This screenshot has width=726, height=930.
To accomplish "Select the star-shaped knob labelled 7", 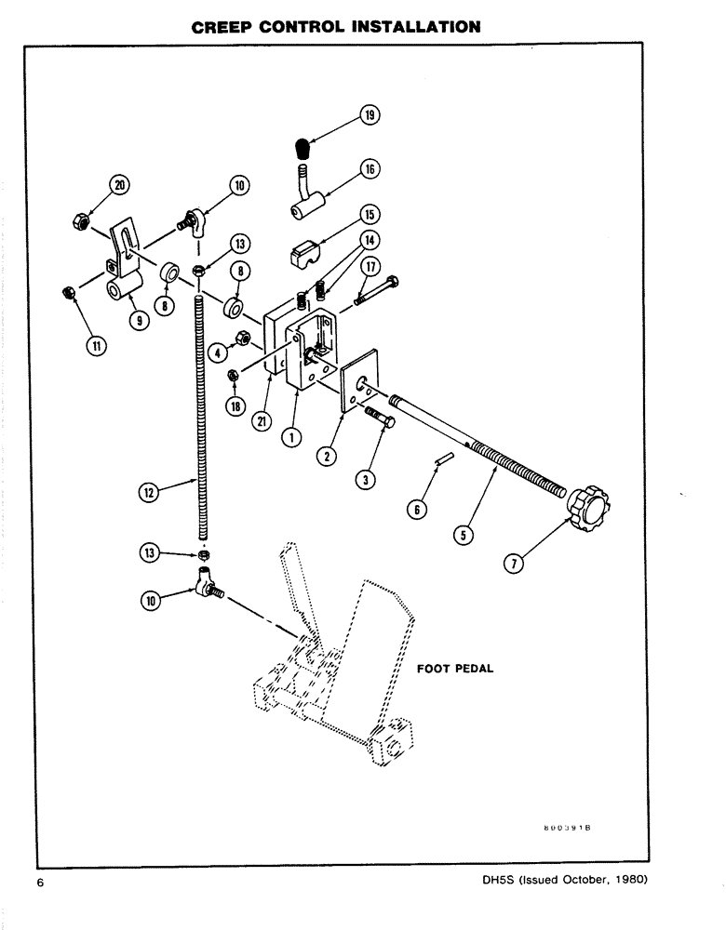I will point(588,509).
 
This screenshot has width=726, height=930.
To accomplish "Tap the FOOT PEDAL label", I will point(453,668).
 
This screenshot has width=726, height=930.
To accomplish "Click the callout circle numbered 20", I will point(118,185).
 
